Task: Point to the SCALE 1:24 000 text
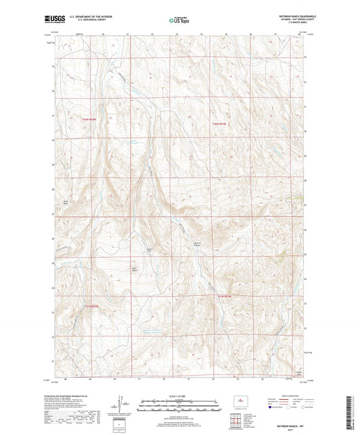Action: (180, 395)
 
